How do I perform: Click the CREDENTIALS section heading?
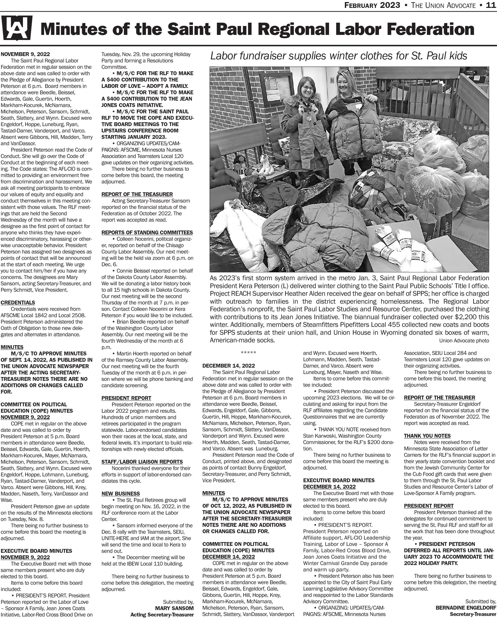[18, 302]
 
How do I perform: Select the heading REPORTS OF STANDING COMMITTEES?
[147, 233]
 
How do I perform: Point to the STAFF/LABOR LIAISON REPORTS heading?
[142, 462]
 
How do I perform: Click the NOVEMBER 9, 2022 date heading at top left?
[25, 54]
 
